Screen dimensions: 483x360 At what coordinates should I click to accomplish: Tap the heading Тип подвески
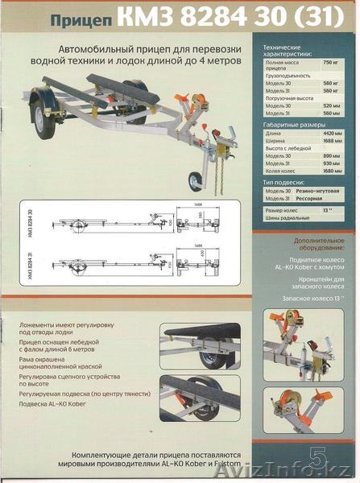tap(285, 180)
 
